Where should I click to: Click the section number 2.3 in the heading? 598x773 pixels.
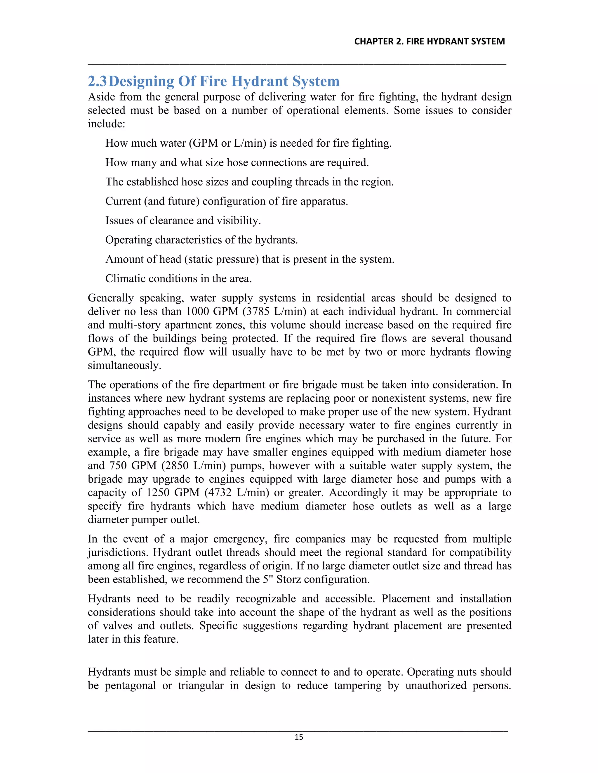[97, 82]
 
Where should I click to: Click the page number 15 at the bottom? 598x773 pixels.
[299, 737]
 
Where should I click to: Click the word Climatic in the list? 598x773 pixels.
[125, 278]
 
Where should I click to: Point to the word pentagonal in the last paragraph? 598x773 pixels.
[131, 686]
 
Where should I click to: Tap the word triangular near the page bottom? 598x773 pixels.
[201, 686]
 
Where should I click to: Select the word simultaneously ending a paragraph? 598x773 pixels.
[124, 365]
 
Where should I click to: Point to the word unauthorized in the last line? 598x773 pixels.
[436, 686]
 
